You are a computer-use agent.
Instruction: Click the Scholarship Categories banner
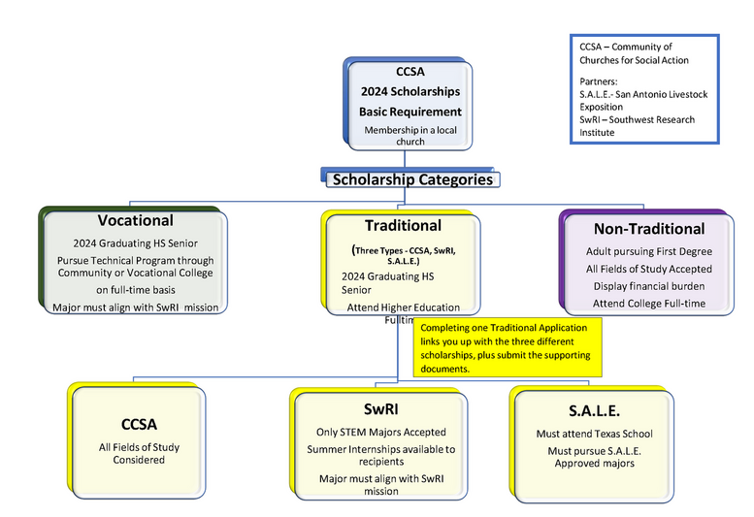coord(411,179)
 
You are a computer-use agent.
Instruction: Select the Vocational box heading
coord(135,220)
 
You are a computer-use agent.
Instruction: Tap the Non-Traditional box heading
coord(649,229)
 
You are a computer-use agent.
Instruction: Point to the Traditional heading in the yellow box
coord(403,225)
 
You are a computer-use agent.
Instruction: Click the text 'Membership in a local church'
coord(410,136)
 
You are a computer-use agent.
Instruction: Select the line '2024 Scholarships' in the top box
coord(410,91)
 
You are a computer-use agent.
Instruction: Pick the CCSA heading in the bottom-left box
coord(139,424)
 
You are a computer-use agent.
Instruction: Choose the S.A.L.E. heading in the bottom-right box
coord(594,410)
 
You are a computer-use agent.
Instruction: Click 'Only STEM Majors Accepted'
coord(381,432)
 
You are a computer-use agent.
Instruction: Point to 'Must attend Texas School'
coord(594,434)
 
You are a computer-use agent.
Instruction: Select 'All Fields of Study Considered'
coord(139,453)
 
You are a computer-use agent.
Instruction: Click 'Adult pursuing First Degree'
coord(649,251)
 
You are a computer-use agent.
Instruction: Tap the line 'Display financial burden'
coord(649,286)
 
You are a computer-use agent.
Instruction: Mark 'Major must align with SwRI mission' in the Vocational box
coord(135,307)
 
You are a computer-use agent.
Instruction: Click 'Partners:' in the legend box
coord(599,81)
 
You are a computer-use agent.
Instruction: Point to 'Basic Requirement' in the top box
coord(410,112)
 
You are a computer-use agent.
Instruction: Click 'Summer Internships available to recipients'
coord(381,456)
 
